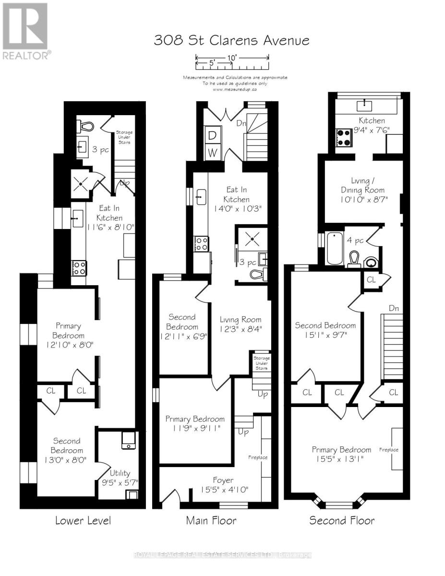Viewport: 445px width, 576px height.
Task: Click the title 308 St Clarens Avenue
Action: [231, 40]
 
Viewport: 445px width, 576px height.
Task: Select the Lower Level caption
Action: [83, 520]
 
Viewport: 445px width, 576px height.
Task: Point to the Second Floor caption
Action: [342, 520]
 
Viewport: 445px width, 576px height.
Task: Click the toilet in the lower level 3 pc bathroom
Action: [85, 126]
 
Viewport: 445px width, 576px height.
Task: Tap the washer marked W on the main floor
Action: [212, 153]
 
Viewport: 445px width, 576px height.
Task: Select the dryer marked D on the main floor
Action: [212, 136]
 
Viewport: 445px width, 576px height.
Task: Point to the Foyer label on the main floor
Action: [223, 480]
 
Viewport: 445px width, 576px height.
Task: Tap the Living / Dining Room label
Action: [363, 185]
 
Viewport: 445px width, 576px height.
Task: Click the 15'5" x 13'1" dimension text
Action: [342, 459]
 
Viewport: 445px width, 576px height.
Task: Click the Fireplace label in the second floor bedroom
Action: [389, 450]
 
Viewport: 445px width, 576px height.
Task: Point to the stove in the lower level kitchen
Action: [79, 267]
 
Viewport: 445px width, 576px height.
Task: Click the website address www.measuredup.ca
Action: [235, 89]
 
